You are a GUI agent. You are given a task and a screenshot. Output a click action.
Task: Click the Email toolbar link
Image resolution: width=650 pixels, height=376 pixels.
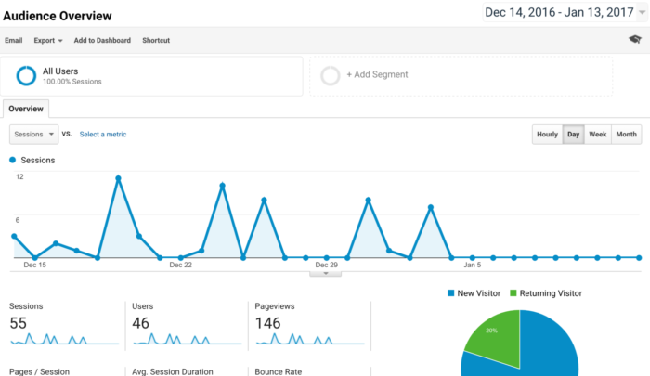click(x=14, y=41)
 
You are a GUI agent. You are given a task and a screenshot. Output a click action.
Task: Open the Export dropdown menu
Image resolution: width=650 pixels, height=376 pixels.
click(x=48, y=41)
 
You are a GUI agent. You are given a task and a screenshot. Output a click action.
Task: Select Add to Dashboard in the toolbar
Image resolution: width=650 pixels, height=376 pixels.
click(x=102, y=41)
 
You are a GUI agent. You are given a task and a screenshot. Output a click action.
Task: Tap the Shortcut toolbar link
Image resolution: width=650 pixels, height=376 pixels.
click(x=156, y=41)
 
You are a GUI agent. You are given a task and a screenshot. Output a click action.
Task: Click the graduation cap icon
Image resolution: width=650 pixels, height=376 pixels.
click(x=634, y=40)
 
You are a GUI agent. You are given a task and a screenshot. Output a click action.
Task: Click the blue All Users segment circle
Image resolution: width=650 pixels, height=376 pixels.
click(x=26, y=75)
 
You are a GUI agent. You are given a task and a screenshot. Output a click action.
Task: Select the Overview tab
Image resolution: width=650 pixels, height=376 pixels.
click(x=25, y=109)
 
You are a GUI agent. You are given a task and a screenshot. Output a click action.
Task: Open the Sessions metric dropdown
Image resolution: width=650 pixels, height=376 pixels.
click(x=33, y=135)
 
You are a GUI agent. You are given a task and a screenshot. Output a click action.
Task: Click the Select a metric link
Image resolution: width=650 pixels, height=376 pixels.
click(x=102, y=135)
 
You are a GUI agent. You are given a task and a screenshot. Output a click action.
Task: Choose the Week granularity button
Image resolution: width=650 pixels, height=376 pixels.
click(x=598, y=135)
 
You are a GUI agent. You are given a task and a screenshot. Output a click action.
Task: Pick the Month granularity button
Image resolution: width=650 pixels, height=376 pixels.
click(x=627, y=135)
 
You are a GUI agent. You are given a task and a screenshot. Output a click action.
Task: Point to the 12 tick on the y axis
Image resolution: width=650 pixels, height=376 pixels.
click(x=19, y=176)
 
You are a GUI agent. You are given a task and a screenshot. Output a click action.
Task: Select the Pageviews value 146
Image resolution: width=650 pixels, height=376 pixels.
click(x=267, y=323)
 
